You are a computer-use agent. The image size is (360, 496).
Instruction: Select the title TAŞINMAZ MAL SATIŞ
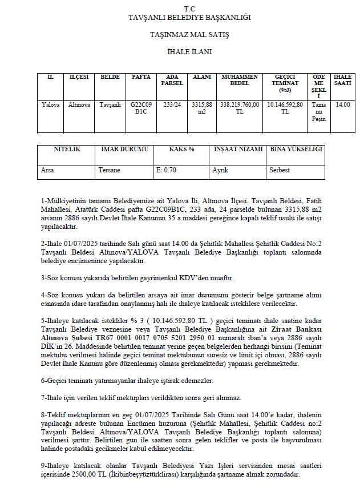tap(189, 35)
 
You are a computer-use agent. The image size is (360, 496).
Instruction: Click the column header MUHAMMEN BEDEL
tap(239, 80)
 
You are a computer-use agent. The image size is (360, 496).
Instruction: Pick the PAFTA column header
tap(141, 76)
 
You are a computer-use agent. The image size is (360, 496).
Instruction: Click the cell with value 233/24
tap(172, 104)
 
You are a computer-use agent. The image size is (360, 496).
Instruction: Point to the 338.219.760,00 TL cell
tap(239, 108)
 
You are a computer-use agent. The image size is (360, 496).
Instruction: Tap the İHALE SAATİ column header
tap(342, 80)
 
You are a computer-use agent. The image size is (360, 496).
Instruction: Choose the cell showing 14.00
tap(342, 104)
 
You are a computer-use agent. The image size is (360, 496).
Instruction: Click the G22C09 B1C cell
tap(141, 108)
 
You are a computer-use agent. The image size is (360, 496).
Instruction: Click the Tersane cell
tap(110, 170)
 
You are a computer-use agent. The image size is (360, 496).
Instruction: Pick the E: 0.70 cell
tap(167, 170)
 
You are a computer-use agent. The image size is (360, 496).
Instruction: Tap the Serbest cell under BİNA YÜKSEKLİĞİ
tap(280, 170)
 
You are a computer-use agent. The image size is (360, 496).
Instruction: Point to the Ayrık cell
tap(220, 170)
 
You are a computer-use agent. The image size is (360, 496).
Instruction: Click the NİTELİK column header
tap(67, 149)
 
